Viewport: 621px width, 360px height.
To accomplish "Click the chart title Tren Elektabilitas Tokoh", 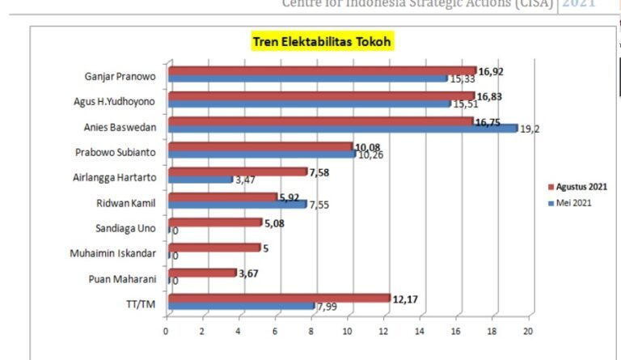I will coord(322,41).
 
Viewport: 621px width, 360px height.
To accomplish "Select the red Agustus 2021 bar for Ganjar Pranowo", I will coord(322,70).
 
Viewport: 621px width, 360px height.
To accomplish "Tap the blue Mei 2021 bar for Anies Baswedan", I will coord(343,129).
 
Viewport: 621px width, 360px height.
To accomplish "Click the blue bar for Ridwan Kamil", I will coord(237,205).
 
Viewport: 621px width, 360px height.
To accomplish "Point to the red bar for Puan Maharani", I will coord(202,273).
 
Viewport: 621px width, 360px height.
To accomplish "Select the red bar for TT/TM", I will coord(279,299).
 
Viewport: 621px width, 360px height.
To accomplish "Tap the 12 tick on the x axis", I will coord(383,332).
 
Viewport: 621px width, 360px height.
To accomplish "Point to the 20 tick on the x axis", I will coord(529,332).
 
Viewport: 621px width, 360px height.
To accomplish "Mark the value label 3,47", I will coord(246,180).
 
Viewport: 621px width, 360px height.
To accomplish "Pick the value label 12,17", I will coord(407,299).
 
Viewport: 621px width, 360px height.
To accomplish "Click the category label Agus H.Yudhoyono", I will coord(120,101).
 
